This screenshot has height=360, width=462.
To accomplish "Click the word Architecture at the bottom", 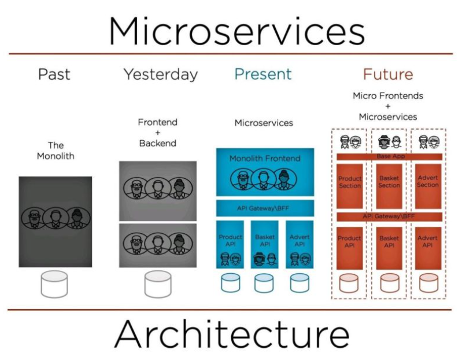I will click(x=231, y=335).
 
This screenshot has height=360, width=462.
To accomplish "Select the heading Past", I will click(x=54, y=75).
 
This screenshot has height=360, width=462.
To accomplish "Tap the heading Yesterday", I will click(x=160, y=75).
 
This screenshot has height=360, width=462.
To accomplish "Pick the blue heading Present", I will click(x=263, y=75).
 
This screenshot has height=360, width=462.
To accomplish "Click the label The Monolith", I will click(x=56, y=150).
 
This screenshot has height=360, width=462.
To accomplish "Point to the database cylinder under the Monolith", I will click(x=55, y=284).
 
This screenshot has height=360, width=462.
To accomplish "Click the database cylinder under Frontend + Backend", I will click(x=157, y=284).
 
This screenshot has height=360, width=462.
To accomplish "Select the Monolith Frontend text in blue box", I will click(x=265, y=158).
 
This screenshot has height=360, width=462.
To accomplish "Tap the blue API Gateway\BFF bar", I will click(x=265, y=208).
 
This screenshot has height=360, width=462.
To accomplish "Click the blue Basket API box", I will click(x=265, y=243).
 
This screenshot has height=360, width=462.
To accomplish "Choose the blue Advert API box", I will click(x=300, y=243).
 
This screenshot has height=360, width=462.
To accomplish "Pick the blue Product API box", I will click(x=231, y=243).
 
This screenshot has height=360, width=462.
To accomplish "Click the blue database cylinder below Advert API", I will click(x=300, y=283).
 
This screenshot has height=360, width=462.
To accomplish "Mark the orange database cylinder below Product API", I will click(x=350, y=283).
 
